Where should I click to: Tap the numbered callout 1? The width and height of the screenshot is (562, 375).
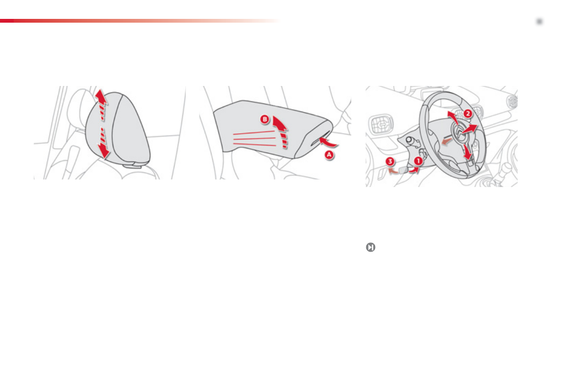click(x=418, y=161)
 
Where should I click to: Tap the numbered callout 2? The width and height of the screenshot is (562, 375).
click(x=467, y=113)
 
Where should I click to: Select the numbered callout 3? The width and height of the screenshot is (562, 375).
click(x=389, y=162)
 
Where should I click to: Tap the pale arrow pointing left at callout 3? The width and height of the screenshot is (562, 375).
click(x=392, y=171)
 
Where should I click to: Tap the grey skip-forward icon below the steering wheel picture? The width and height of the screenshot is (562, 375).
click(x=370, y=247)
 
